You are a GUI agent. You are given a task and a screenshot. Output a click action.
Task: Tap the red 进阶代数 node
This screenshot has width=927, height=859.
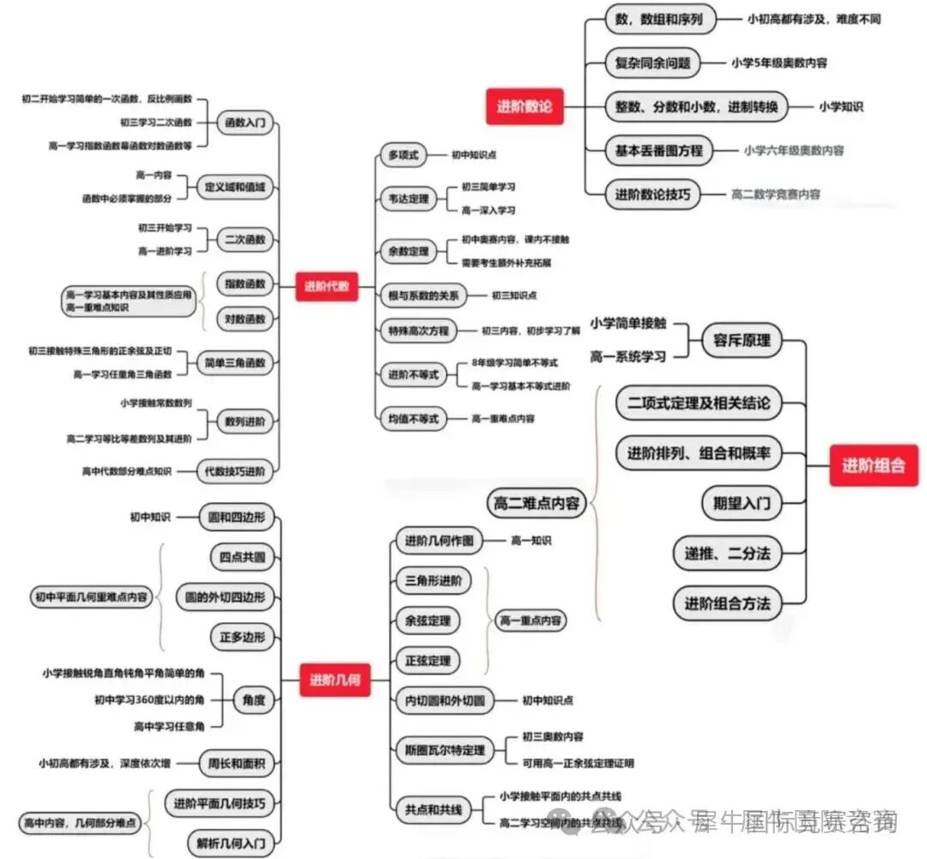326,287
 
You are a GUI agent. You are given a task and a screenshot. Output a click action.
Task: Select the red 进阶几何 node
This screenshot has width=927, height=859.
335,681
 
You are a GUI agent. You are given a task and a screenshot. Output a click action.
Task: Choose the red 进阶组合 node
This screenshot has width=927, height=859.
873,466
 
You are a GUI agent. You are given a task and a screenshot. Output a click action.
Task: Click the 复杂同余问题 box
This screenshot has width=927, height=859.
652,63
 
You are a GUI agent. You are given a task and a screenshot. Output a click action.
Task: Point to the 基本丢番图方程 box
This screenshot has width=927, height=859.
658,150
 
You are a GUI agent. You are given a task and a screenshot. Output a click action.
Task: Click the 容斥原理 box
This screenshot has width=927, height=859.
742,340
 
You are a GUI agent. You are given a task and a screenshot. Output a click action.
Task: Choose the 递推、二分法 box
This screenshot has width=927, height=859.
727,554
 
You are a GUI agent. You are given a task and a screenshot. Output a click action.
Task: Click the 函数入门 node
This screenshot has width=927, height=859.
245,124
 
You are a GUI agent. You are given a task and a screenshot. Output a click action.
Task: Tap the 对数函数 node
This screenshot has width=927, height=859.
245,319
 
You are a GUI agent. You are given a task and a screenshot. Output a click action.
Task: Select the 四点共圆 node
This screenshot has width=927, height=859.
242,557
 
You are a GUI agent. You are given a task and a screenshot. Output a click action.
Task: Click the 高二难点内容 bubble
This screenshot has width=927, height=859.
536,503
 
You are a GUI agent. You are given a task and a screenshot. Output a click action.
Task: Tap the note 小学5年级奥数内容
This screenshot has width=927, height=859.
779,63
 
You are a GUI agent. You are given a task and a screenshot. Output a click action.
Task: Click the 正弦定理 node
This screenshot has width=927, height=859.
427,660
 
